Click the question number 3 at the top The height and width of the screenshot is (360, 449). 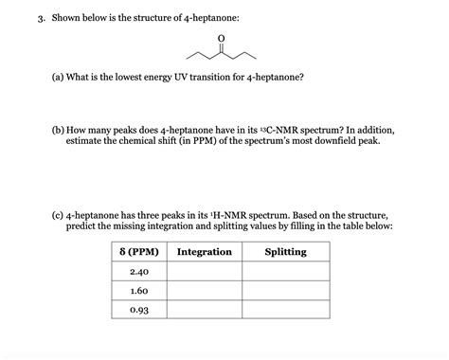29,17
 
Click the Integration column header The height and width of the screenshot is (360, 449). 204,252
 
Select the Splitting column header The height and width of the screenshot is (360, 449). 285,252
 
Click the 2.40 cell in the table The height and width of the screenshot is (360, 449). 139,272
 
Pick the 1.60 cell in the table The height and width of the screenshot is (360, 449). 139,291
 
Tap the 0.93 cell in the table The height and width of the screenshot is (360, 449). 139,310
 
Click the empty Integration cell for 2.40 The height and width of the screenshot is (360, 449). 204,272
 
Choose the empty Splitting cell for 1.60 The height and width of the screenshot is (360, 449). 285,291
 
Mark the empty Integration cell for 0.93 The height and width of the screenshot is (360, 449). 204,310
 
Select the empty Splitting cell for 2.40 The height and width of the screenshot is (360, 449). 285,272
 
